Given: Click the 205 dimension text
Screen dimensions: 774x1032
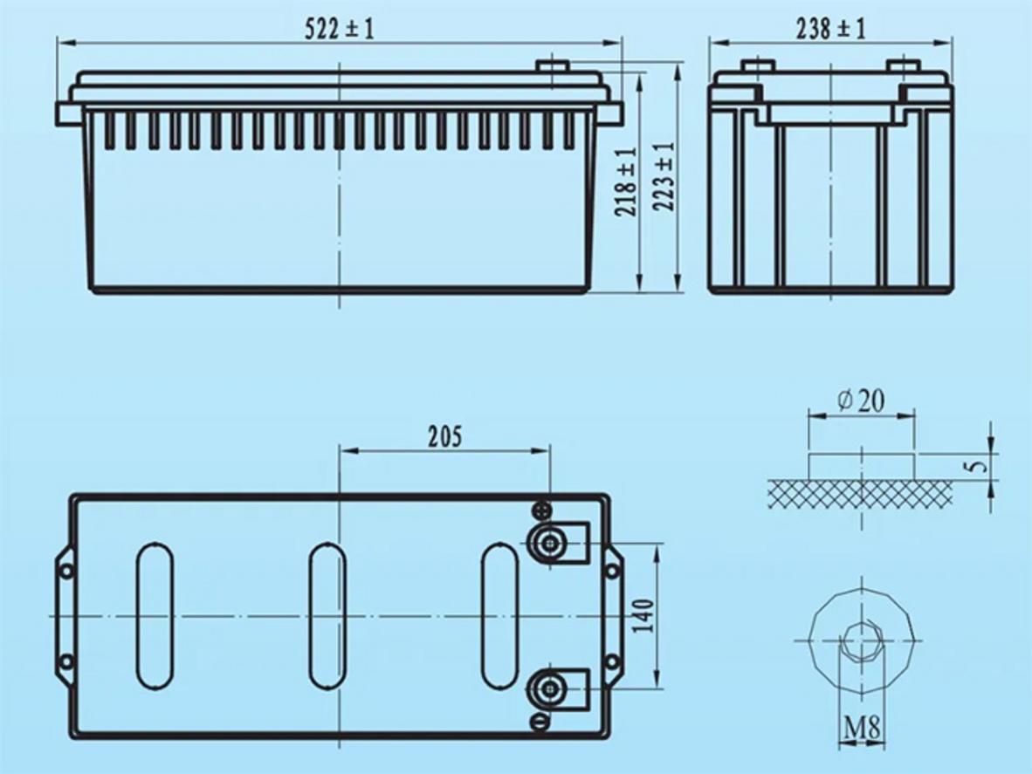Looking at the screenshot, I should click(444, 436).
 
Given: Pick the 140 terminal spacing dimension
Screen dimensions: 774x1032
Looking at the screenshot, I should click(645, 617).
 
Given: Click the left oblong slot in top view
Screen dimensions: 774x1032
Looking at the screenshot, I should click(155, 616).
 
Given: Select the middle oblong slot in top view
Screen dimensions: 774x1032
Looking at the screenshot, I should click(327, 616).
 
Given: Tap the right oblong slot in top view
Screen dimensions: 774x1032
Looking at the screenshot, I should click(500, 616).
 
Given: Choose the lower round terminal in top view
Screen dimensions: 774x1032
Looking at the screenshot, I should click(549, 689).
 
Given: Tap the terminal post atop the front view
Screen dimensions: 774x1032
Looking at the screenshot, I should click(552, 65).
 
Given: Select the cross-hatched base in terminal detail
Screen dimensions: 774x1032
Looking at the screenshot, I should click(861, 493).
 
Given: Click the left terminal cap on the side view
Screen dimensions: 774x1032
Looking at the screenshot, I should click(757, 65).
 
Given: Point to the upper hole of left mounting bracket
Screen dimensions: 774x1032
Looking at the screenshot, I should click(65, 572).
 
